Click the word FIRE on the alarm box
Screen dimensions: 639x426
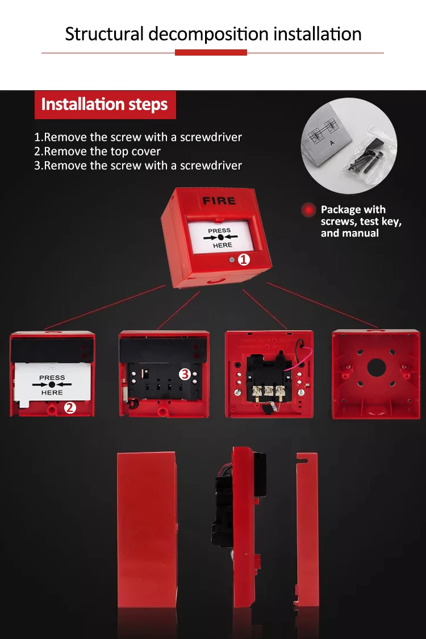(x=219, y=200)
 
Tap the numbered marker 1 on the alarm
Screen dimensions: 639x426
(x=244, y=259)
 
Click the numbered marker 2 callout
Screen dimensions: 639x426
(x=70, y=407)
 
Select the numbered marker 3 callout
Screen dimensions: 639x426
(x=184, y=374)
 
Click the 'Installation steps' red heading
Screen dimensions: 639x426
(x=105, y=105)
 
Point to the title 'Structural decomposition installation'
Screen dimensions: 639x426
(x=213, y=34)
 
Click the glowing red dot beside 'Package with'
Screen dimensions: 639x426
(x=308, y=210)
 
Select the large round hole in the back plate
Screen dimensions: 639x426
(x=376, y=368)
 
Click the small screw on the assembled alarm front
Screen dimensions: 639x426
(x=232, y=260)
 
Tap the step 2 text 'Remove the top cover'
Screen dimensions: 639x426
(x=97, y=152)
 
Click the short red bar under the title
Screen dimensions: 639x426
(x=211, y=53)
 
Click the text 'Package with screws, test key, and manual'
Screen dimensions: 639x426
(x=361, y=221)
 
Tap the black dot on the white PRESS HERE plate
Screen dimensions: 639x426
(x=52, y=385)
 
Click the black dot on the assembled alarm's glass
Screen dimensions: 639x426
(x=221, y=237)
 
